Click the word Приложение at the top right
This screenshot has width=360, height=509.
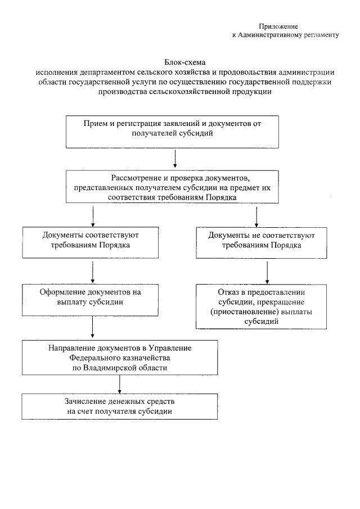tap(278, 26)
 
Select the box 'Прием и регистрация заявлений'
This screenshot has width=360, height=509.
tap(173, 131)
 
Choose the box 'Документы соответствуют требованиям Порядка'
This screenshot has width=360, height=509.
tap(91, 240)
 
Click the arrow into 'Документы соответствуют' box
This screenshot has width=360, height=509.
tap(92, 217)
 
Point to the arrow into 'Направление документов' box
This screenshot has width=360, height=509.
tap(92, 326)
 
